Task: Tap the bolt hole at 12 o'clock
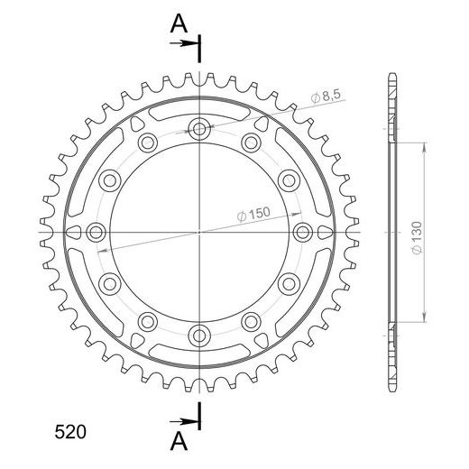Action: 198,128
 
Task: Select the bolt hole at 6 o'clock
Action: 198,336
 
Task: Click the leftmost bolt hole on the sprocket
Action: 95,232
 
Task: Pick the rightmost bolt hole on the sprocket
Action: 302,232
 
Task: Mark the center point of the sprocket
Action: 198,232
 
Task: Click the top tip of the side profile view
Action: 393,74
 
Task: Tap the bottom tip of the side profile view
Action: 393,390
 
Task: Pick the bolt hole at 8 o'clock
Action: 109,284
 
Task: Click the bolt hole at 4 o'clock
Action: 289,284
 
